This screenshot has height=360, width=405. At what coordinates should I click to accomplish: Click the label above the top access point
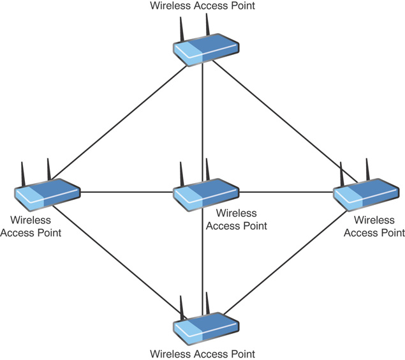[x=203, y=6]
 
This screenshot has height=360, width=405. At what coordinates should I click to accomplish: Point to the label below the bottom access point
[x=203, y=354]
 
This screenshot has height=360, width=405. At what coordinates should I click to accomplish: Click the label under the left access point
[x=31, y=227]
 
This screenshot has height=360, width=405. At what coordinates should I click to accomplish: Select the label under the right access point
[x=374, y=227]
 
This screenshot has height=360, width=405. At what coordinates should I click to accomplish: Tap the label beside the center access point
[x=237, y=220]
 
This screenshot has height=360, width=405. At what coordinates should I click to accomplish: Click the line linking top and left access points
[x=119, y=121]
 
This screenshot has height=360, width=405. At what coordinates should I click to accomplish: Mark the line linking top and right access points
[x=285, y=121]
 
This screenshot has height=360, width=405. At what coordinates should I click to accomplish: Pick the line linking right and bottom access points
[x=285, y=262]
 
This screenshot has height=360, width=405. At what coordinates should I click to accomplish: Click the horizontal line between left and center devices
[x=126, y=192]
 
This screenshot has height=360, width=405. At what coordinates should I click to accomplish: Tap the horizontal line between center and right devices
[x=286, y=192]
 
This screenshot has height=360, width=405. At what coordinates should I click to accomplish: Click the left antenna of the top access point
[x=182, y=29]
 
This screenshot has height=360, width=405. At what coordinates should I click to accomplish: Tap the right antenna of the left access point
[x=49, y=170]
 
